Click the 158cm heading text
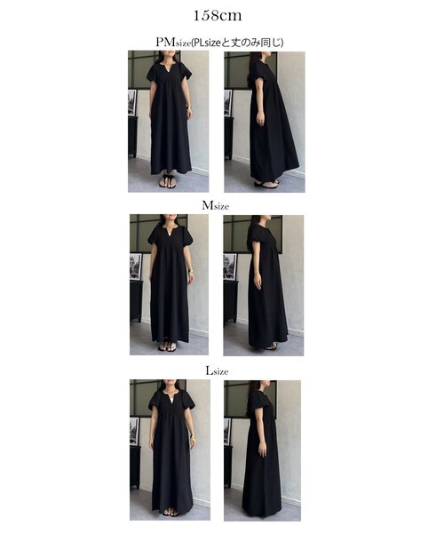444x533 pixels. point(218,16)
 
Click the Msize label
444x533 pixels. point(216,206)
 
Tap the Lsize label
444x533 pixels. point(217,370)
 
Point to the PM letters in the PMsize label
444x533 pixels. point(166,42)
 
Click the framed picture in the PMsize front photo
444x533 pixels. point(132,102)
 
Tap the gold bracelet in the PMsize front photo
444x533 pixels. point(188,107)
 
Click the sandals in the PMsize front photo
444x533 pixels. point(168,181)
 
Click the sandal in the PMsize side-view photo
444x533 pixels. point(267,184)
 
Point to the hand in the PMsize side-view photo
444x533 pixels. point(260,119)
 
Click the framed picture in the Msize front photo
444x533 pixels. point(136,266)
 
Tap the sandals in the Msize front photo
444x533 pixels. point(168,346)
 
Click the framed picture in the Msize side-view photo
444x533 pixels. point(230,266)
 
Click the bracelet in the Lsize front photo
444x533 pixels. point(193,436)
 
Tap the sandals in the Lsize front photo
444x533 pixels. point(170,513)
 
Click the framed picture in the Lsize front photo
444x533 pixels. point(134,431)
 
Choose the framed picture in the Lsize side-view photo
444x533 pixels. point(228,432)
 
